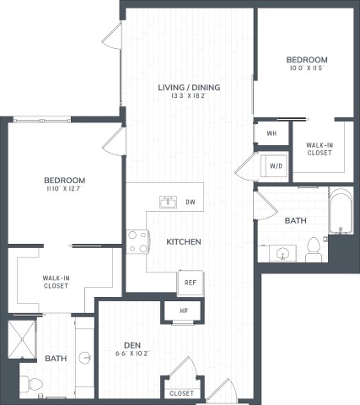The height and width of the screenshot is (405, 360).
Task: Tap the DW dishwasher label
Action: click(x=191, y=202)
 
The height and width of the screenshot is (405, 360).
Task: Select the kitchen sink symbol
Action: click(x=168, y=201)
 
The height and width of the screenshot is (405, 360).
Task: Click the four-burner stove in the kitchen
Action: click(x=137, y=242)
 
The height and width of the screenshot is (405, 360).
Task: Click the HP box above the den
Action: click(x=185, y=311)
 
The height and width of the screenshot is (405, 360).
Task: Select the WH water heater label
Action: click(x=271, y=134)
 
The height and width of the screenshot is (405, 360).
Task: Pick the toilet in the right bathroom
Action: click(x=314, y=247)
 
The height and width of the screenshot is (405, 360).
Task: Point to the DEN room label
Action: click(x=131, y=344)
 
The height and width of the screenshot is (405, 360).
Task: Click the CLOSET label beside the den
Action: click(x=180, y=393)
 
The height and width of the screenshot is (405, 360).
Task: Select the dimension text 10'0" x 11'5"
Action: click(x=306, y=69)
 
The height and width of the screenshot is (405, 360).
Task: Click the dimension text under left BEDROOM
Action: click(x=64, y=191)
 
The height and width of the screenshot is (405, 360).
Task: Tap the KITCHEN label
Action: click(x=183, y=242)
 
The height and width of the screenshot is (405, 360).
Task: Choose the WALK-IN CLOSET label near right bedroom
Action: click(x=319, y=149)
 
